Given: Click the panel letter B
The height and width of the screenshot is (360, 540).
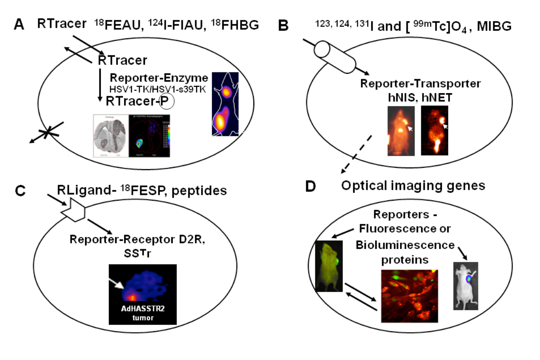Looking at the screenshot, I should [283, 26].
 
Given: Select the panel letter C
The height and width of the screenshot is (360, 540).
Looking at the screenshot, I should [19, 190].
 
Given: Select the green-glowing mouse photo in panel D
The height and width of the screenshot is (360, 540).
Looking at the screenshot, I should [327, 265].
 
